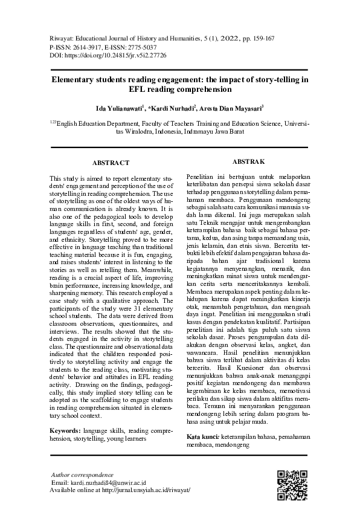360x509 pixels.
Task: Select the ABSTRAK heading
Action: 248,161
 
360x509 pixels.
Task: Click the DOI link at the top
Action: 120,55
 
